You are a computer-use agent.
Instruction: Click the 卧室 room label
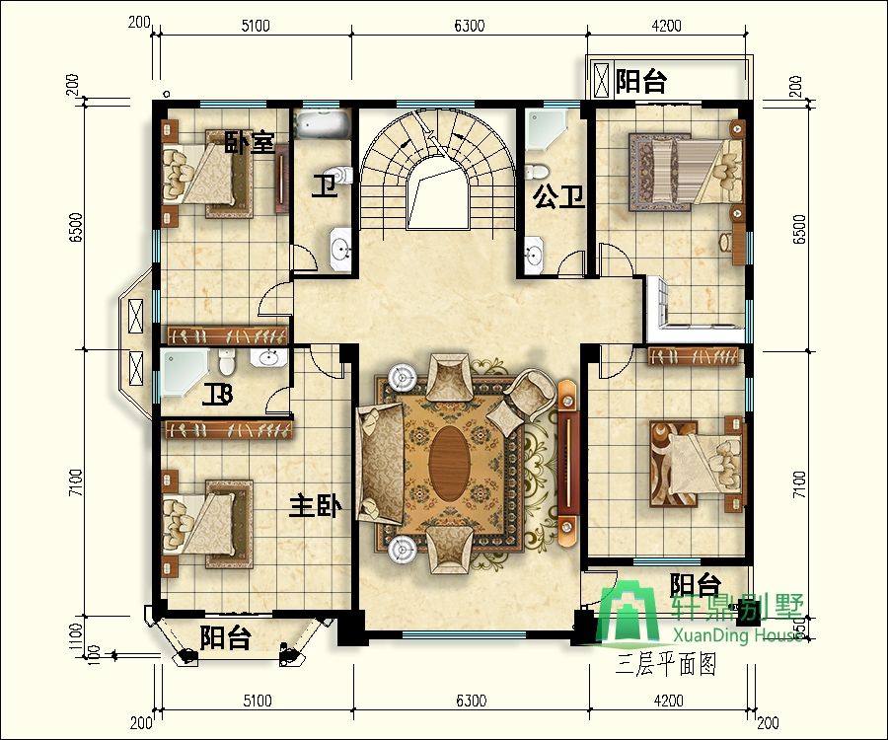click(249, 143)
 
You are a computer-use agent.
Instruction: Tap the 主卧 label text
click(315, 507)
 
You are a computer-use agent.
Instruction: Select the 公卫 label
click(559, 197)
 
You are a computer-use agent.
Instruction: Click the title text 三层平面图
click(664, 663)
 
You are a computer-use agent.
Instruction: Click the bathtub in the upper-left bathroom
click(323, 124)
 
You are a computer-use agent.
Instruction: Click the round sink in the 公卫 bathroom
click(534, 256)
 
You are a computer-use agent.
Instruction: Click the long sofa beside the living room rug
click(379, 464)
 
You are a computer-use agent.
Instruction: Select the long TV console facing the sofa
click(566, 464)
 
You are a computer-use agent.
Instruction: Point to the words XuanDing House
click(737, 636)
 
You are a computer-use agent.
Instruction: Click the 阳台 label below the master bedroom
click(225, 637)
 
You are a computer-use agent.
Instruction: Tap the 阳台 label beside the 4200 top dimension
click(640, 82)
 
